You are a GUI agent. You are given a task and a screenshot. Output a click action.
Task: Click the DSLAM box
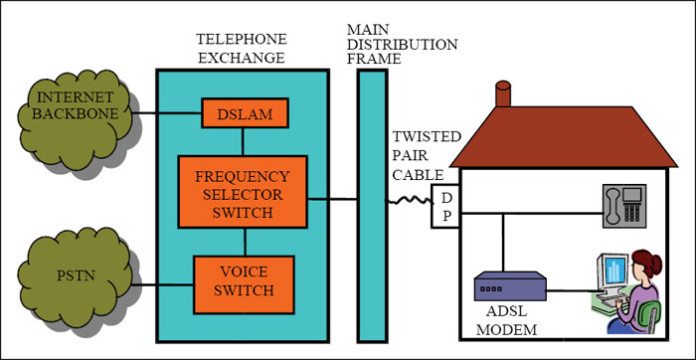click(245, 114)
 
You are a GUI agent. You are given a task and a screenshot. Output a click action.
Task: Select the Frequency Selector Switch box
click(243, 190)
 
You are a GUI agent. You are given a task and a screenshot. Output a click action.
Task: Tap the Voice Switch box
click(243, 283)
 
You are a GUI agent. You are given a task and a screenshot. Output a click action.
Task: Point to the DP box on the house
click(444, 205)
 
